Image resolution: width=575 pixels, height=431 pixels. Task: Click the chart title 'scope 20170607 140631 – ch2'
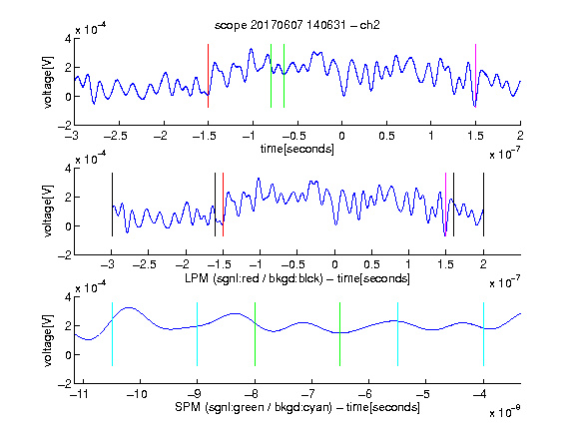coord(297,25)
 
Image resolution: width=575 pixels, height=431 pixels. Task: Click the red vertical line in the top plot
coord(208,76)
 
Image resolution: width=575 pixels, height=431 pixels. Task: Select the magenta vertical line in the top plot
coord(475,76)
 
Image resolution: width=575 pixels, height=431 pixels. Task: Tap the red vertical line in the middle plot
coord(223,205)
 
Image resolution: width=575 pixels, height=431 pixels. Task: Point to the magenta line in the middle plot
coord(445,205)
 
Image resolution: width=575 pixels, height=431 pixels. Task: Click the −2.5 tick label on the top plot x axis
coord(116,136)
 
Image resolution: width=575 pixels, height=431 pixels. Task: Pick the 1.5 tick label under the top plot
coord(475,136)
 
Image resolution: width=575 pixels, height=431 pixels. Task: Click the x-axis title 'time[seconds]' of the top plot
coord(297,149)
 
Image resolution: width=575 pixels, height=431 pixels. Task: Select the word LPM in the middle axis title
coord(197,278)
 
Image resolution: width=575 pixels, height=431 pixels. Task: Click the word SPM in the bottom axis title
coord(188,407)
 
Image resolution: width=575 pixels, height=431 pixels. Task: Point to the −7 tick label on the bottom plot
coord(310,394)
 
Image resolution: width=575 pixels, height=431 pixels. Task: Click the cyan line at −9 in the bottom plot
coord(198,334)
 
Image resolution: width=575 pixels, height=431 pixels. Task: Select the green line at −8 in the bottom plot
coord(255,334)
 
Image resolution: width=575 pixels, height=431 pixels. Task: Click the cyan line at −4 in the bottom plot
coord(484,334)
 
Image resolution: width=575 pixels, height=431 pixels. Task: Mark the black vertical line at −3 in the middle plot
coord(112,205)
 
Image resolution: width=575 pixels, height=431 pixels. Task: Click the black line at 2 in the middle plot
coord(484,205)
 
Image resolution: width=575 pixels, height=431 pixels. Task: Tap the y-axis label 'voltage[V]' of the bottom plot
coord(48,340)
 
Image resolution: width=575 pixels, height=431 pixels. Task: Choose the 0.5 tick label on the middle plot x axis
coord(371,264)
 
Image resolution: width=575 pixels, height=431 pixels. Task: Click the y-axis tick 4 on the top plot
coord(68,39)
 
